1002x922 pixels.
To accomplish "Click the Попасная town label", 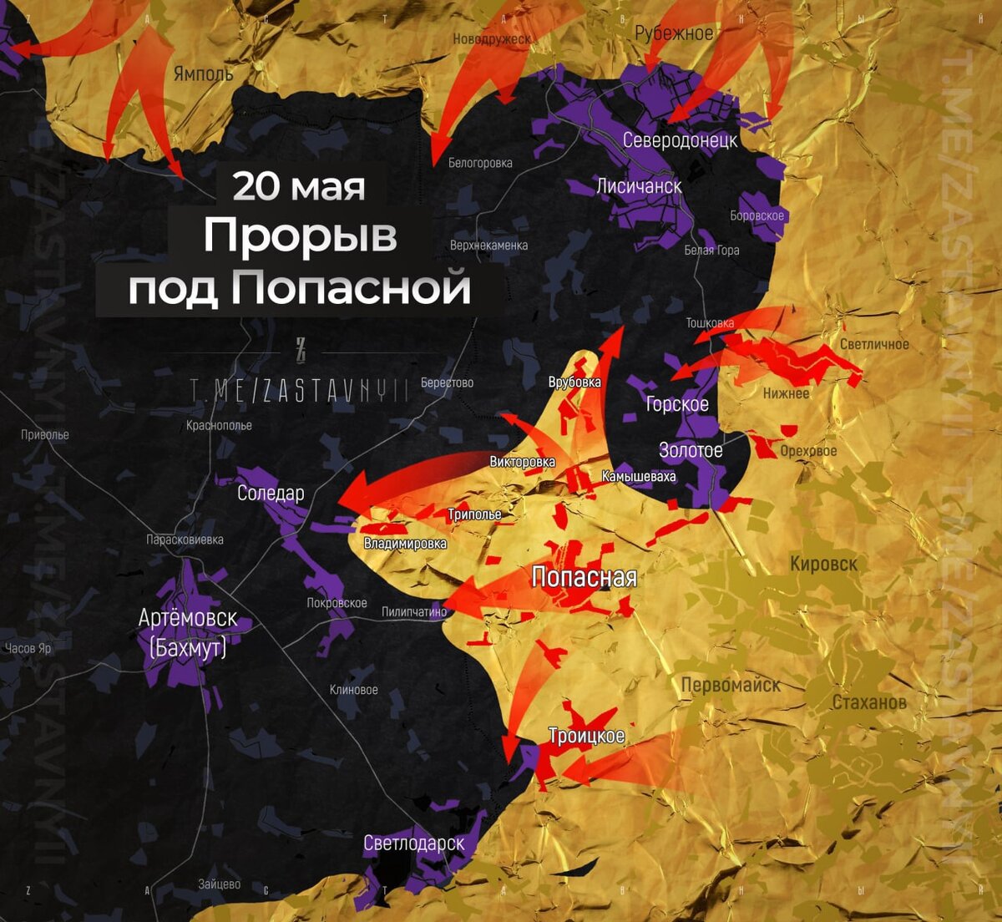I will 584,577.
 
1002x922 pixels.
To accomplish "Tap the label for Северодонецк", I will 680,139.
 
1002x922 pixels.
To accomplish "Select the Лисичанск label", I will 639,185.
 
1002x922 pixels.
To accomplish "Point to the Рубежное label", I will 674,33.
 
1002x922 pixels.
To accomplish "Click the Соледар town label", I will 271,493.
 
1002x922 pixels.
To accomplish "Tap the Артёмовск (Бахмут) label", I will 188,631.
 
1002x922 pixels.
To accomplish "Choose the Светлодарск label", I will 413,843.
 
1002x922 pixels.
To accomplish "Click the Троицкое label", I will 586,736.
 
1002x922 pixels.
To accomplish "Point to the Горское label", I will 677,404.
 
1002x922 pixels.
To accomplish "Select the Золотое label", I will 691,451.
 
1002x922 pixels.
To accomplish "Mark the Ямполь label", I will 203,73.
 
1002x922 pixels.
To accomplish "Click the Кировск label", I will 823,564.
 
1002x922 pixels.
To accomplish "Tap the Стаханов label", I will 869,702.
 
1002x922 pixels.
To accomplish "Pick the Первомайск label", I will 731,685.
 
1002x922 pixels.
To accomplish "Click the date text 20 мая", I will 298,186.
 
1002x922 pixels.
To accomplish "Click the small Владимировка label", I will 405,544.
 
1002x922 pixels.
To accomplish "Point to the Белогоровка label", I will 480,163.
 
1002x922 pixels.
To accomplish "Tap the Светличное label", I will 874,344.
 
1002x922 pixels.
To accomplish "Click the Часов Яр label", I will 28,648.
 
